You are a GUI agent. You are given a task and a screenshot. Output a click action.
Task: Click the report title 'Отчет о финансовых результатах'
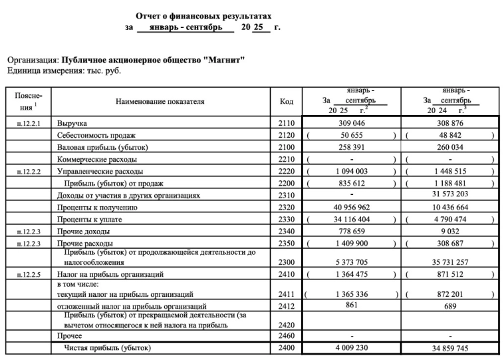203,15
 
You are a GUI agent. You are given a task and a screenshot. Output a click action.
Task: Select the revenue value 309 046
352,123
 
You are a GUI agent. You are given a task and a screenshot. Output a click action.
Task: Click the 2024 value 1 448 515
450,171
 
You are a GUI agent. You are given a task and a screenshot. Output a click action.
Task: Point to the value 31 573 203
450,195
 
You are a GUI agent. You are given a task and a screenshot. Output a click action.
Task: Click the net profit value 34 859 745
450,347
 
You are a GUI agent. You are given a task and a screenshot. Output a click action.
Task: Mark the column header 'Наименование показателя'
160,102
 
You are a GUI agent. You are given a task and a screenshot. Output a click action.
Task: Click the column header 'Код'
286,102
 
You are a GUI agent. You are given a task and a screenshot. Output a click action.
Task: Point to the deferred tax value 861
352,304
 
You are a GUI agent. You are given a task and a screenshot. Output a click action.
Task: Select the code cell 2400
286,347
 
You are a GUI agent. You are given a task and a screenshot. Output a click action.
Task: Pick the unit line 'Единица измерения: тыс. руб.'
64,70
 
